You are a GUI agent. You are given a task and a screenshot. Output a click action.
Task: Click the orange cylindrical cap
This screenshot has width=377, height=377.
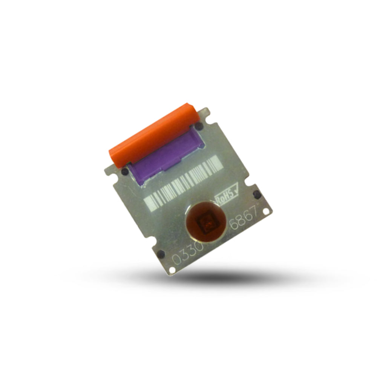click(x=154, y=136)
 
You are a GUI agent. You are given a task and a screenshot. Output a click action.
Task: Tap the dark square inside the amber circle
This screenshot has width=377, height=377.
click(x=206, y=223)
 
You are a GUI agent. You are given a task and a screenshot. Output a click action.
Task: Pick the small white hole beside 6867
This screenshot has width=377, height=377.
click(x=266, y=211)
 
